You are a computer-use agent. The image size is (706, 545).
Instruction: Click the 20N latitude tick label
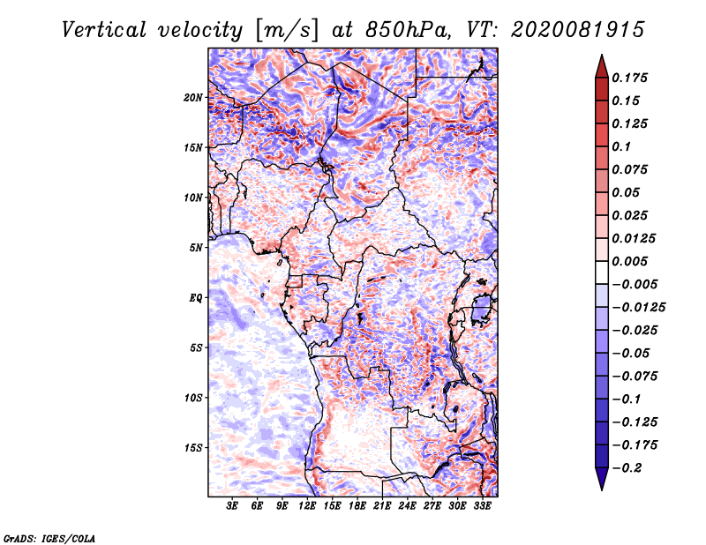point(193,98)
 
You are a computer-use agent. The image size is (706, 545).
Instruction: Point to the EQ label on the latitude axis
point(195,298)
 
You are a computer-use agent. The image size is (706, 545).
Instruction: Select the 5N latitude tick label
point(196,248)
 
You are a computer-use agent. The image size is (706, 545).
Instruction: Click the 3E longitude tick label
point(232,506)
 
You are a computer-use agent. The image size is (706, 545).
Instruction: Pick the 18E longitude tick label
point(357,506)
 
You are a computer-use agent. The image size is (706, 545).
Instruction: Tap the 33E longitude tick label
point(482,506)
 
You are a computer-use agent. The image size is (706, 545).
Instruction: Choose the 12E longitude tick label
point(307,506)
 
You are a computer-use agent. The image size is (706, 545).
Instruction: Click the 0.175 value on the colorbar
point(629,78)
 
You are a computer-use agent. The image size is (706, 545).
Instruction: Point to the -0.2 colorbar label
point(627,468)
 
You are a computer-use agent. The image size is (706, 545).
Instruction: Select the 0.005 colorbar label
point(629,261)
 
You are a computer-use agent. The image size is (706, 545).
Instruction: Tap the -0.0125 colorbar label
point(638,308)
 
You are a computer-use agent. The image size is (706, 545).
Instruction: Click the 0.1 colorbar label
point(621,146)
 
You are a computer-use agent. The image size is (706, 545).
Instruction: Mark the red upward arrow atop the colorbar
point(602,66)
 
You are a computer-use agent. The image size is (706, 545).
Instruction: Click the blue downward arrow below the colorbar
point(602,479)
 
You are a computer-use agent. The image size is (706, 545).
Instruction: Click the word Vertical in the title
point(104,30)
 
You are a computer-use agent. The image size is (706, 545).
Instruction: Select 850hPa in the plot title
point(408,30)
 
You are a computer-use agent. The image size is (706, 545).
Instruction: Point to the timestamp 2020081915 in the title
point(578,30)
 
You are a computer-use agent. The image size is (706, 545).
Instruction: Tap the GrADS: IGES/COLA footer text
point(49,538)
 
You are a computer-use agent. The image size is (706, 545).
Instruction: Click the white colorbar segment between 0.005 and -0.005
point(602,272)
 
